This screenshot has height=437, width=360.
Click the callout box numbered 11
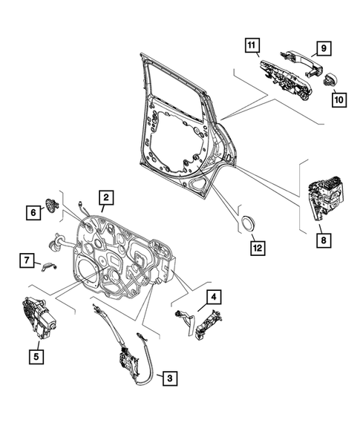pyautogui.click(x=252, y=47)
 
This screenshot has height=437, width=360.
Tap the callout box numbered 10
pyautogui.click(x=338, y=97)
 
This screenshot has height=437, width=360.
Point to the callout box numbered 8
pyautogui.click(x=323, y=240)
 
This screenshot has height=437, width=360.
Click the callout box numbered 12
pyautogui.click(x=255, y=247)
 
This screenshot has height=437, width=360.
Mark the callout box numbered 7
pyautogui.click(x=25, y=260)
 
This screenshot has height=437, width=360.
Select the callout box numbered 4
pyautogui.click(x=214, y=298)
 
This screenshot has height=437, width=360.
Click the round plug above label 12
pyautogui.click(x=245, y=223)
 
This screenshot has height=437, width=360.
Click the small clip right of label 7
pyautogui.click(x=50, y=266)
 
